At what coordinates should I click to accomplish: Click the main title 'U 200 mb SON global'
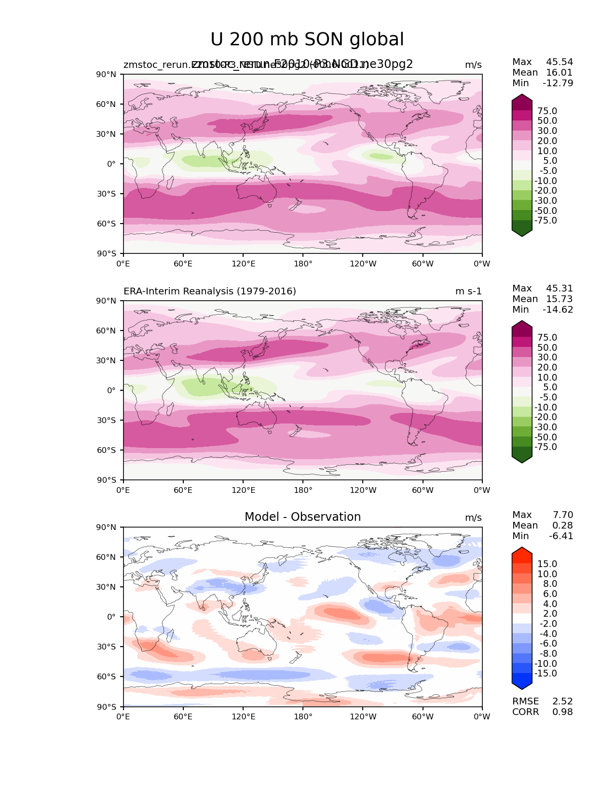[x=307, y=40]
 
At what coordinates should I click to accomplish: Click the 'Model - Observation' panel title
[x=302, y=517]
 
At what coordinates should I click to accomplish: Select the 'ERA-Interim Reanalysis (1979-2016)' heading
[x=210, y=291]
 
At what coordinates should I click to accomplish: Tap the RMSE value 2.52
[x=562, y=701]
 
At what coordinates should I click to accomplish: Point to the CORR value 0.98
[x=562, y=712]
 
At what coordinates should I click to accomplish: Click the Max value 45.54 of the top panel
[x=560, y=62]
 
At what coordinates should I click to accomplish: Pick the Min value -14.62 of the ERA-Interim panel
[x=558, y=309]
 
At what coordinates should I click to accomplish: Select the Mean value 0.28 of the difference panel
[x=562, y=525]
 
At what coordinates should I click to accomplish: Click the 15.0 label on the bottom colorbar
[x=547, y=564]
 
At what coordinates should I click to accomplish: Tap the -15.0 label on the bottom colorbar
[x=546, y=673]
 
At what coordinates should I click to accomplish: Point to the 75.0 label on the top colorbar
[x=547, y=111]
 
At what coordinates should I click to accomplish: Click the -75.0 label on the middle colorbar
[x=546, y=447]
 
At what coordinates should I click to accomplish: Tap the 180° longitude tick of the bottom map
[x=303, y=716]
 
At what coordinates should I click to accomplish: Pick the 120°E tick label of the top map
[x=243, y=264]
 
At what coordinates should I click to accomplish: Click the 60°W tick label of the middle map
[x=423, y=490]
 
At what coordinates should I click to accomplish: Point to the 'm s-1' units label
[x=468, y=291]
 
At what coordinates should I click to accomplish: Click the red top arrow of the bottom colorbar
[x=522, y=552]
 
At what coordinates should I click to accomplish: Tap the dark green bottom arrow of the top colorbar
[x=522, y=230]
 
